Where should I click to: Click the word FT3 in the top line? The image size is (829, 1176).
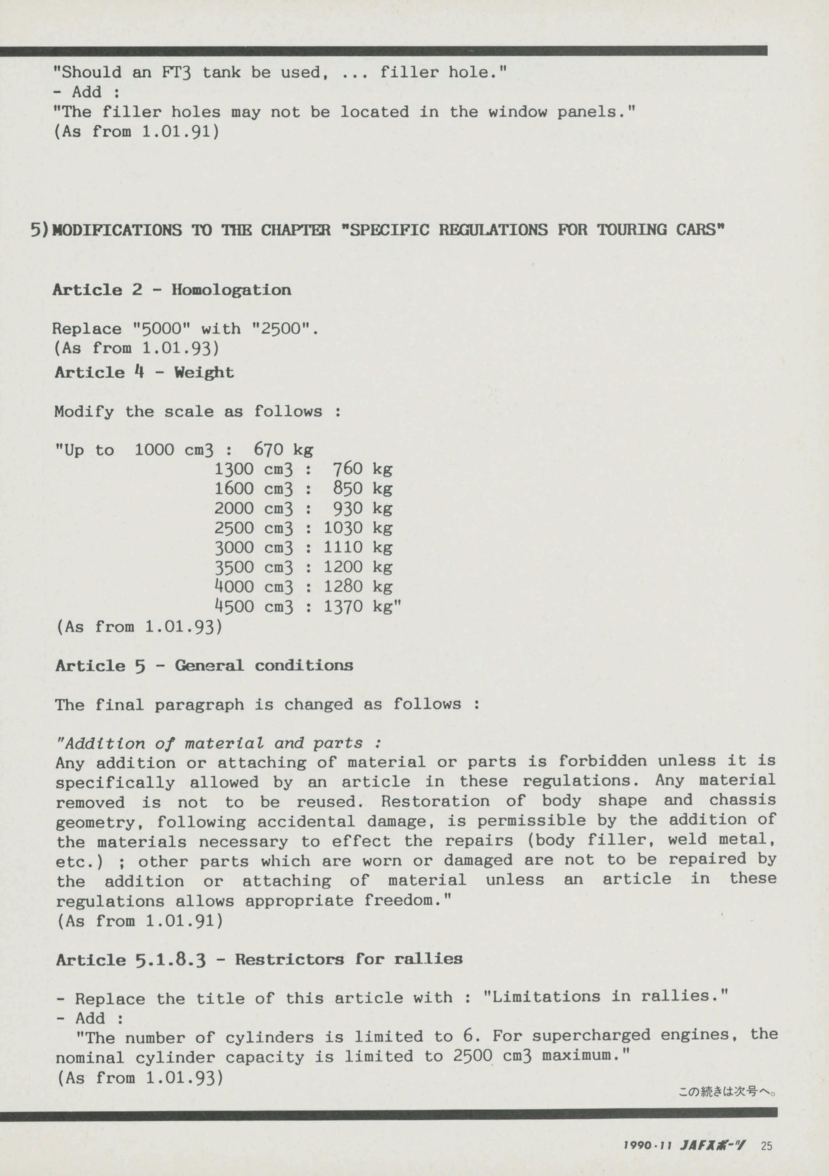pos(176,73)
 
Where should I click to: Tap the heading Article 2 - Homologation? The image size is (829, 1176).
pos(172,290)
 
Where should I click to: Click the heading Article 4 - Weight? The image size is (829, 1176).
pos(144,372)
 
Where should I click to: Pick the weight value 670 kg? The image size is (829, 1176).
pos(283,450)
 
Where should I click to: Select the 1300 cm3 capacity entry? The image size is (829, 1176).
pos(254,469)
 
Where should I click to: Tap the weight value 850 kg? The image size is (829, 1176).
pos(362,489)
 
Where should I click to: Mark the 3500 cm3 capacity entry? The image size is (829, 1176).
pos(254,567)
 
